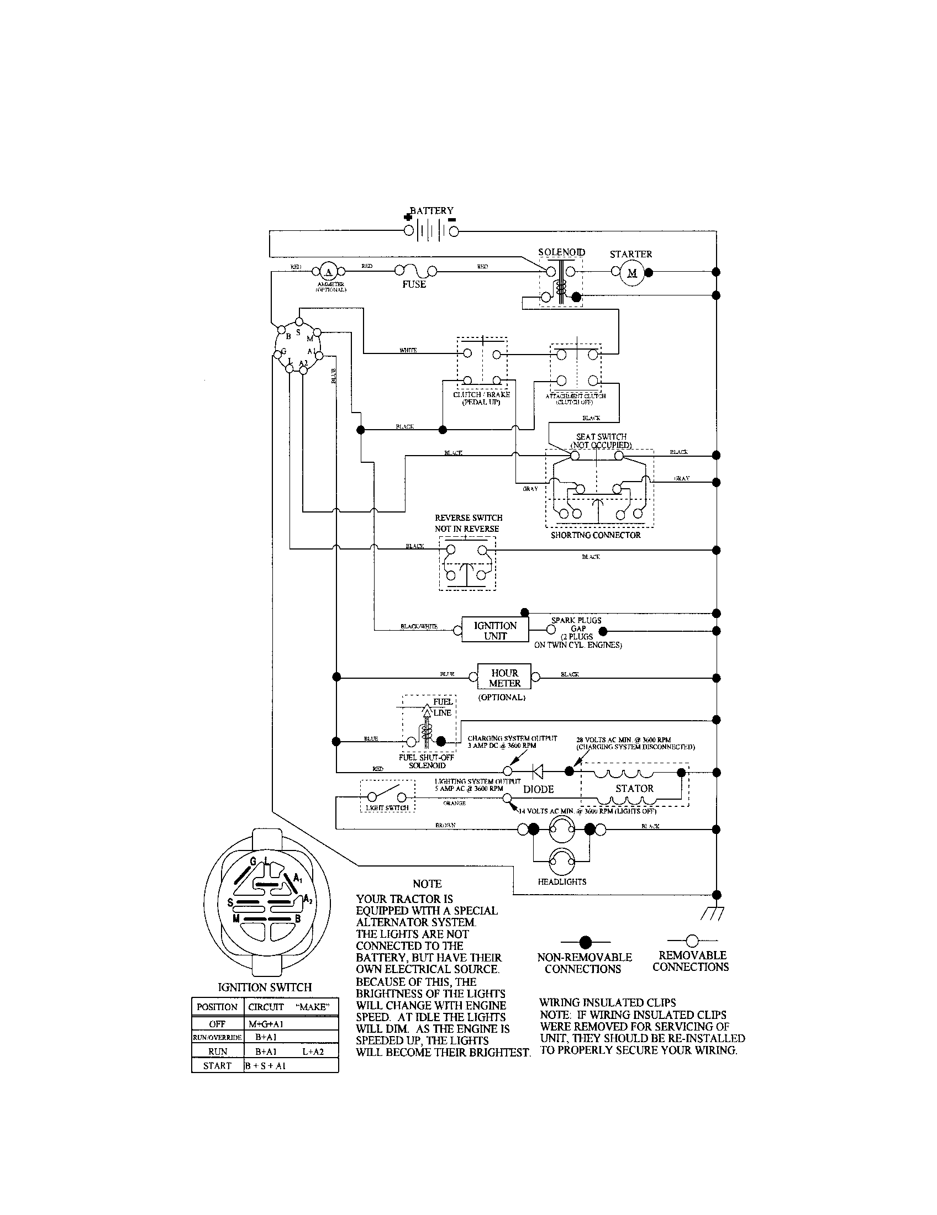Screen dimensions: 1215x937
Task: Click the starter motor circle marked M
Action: tap(631, 273)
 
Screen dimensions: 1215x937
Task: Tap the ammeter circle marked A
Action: tap(328, 272)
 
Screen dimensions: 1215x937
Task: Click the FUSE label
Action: tap(414, 284)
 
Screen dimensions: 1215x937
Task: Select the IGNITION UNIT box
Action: tap(494, 630)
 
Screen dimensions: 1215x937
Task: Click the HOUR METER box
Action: tap(504, 678)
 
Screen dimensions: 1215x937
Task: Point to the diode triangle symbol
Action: tap(538, 771)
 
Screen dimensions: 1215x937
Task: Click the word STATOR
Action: tap(634, 788)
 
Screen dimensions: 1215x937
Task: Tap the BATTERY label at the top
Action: tap(432, 211)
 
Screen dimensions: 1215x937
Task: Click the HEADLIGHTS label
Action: tap(561, 882)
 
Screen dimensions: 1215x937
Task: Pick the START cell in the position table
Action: tap(217, 1065)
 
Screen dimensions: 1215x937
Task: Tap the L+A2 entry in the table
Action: tap(313, 1052)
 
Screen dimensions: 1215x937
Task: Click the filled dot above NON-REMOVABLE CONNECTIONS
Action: tap(585, 942)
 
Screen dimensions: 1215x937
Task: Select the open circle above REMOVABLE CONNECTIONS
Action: tap(692, 941)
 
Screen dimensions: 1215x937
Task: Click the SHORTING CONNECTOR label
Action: tap(596, 535)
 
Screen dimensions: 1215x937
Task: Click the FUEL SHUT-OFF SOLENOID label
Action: tap(427, 762)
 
